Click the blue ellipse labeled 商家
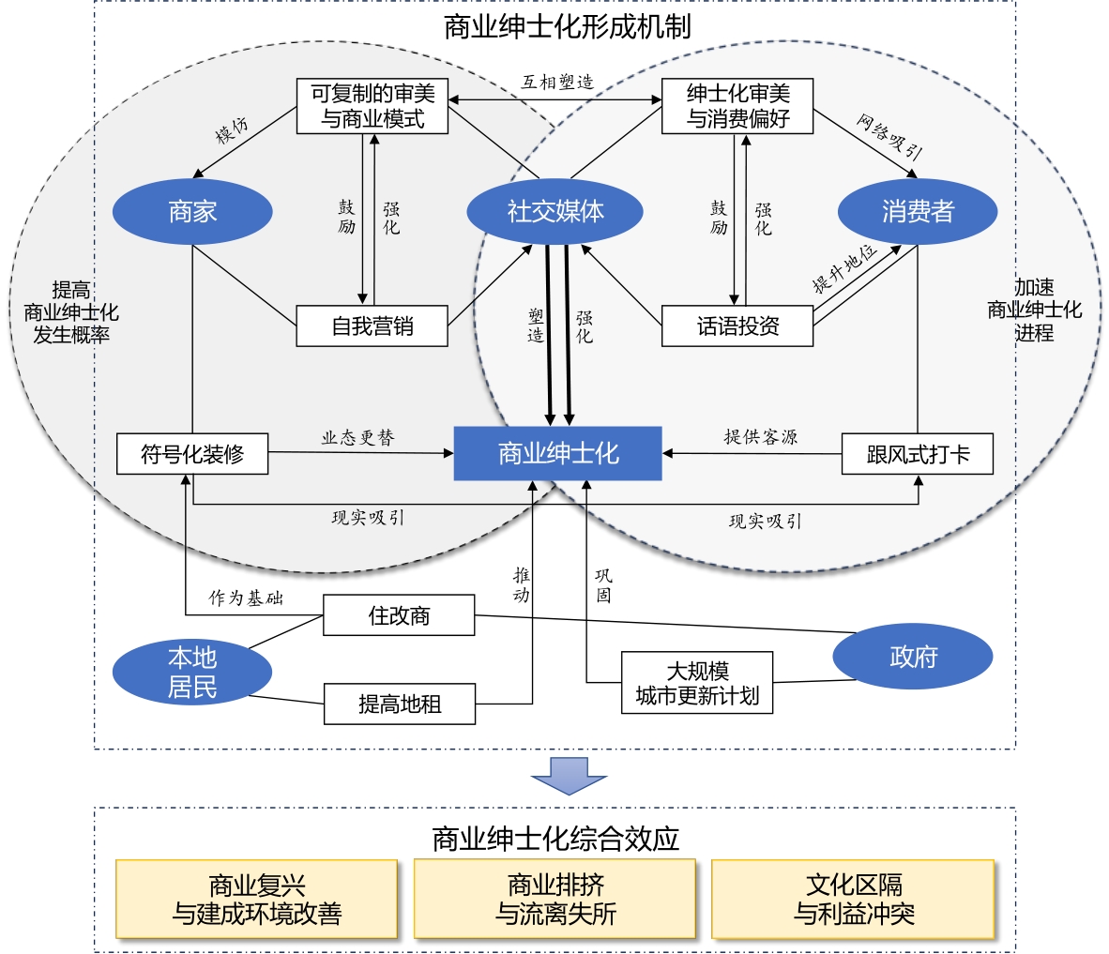pyautogui.click(x=192, y=212)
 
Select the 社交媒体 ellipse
pyautogui.click(x=555, y=212)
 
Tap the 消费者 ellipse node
pyautogui.click(x=917, y=212)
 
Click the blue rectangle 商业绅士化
pyautogui.click(x=558, y=454)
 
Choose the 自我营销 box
pyautogui.click(x=372, y=326)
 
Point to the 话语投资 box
pyautogui.click(x=737, y=326)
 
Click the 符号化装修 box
pyautogui.click(x=192, y=454)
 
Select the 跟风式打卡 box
pyautogui.click(x=917, y=455)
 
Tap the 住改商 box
pyautogui.click(x=399, y=616)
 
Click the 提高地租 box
pyautogui.click(x=399, y=704)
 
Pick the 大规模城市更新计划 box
pyautogui.click(x=697, y=683)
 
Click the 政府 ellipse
pyautogui.click(x=913, y=657)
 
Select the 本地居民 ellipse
pyautogui.click(x=192, y=673)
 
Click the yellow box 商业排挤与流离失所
pyautogui.click(x=554, y=899)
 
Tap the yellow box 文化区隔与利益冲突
pyautogui.click(x=853, y=899)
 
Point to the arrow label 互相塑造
pyautogui.click(x=557, y=83)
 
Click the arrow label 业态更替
pyautogui.click(x=357, y=438)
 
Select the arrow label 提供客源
pyautogui.click(x=760, y=437)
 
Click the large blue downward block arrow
pyautogui.click(x=569, y=775)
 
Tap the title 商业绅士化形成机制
pyautogui.click(x=568, y=26)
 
